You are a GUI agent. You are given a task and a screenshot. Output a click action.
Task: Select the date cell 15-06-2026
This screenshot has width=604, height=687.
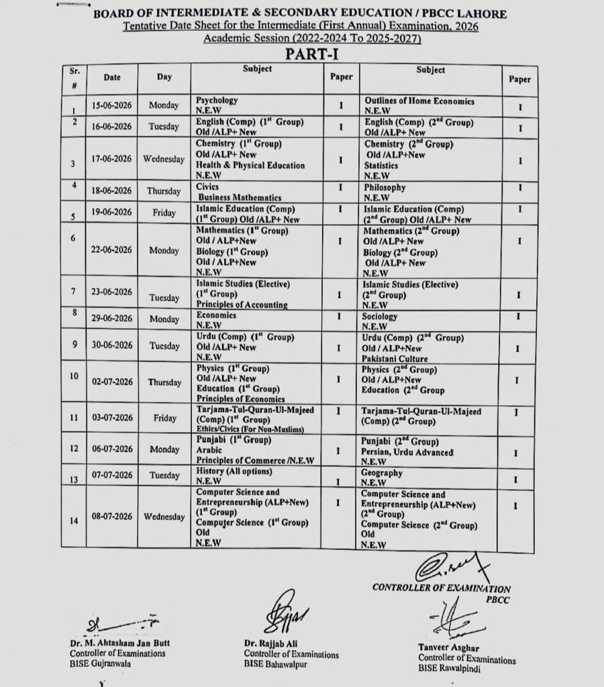pos(112,105)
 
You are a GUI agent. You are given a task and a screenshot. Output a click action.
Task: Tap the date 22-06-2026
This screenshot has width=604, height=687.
pos(112,250)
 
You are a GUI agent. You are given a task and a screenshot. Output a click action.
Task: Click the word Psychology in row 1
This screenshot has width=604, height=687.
pos(217,100)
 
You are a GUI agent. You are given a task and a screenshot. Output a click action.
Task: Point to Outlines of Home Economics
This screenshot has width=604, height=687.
pos(419,101)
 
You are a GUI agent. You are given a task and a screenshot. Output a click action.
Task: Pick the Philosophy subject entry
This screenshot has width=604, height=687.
pos(385,188)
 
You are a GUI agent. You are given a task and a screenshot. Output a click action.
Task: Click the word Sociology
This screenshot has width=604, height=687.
pos(380,316)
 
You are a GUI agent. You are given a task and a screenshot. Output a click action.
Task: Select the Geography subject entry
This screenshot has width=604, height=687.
pos(382,473)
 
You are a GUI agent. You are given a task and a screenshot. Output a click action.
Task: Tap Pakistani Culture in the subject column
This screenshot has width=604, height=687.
pos(395,359)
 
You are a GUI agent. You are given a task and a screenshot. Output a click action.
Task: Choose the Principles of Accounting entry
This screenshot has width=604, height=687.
pos(242,305)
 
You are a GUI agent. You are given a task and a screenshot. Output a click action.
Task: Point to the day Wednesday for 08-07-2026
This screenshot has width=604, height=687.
pos(164,517)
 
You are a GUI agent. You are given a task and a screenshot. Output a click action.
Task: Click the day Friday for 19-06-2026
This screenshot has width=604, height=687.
pos(164,213)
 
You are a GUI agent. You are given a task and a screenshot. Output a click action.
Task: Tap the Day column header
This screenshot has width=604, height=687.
pos(164,77)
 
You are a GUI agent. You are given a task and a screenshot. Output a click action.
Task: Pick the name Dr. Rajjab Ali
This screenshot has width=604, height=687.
pos(271,643)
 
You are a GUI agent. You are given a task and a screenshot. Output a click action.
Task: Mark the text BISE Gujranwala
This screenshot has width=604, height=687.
pos(101,663)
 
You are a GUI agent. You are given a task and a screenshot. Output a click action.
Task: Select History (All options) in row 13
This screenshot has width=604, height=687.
pos(234,472)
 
